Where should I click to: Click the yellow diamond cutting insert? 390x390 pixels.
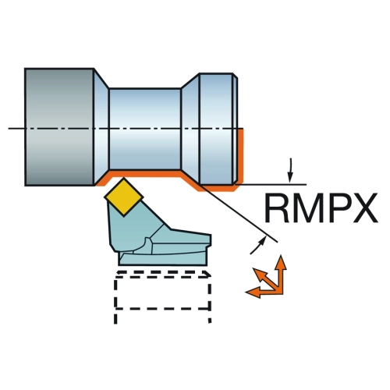124,197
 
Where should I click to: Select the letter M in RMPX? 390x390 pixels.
308,207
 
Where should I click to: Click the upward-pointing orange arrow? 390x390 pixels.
281,275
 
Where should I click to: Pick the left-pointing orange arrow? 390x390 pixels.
264,291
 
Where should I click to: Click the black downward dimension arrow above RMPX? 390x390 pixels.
290,170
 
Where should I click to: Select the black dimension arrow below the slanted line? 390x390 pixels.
258,246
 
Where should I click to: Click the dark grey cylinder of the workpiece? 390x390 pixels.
59,127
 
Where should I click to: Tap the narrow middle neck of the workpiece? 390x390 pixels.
144,129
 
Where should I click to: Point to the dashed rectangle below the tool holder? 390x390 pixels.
162,296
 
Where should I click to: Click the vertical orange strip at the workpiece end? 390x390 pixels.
241,156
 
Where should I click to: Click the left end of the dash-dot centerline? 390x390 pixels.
9,129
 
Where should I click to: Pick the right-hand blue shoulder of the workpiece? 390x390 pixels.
218,129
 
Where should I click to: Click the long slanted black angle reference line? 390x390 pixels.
239,214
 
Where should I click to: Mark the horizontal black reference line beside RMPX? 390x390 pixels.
271,184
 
